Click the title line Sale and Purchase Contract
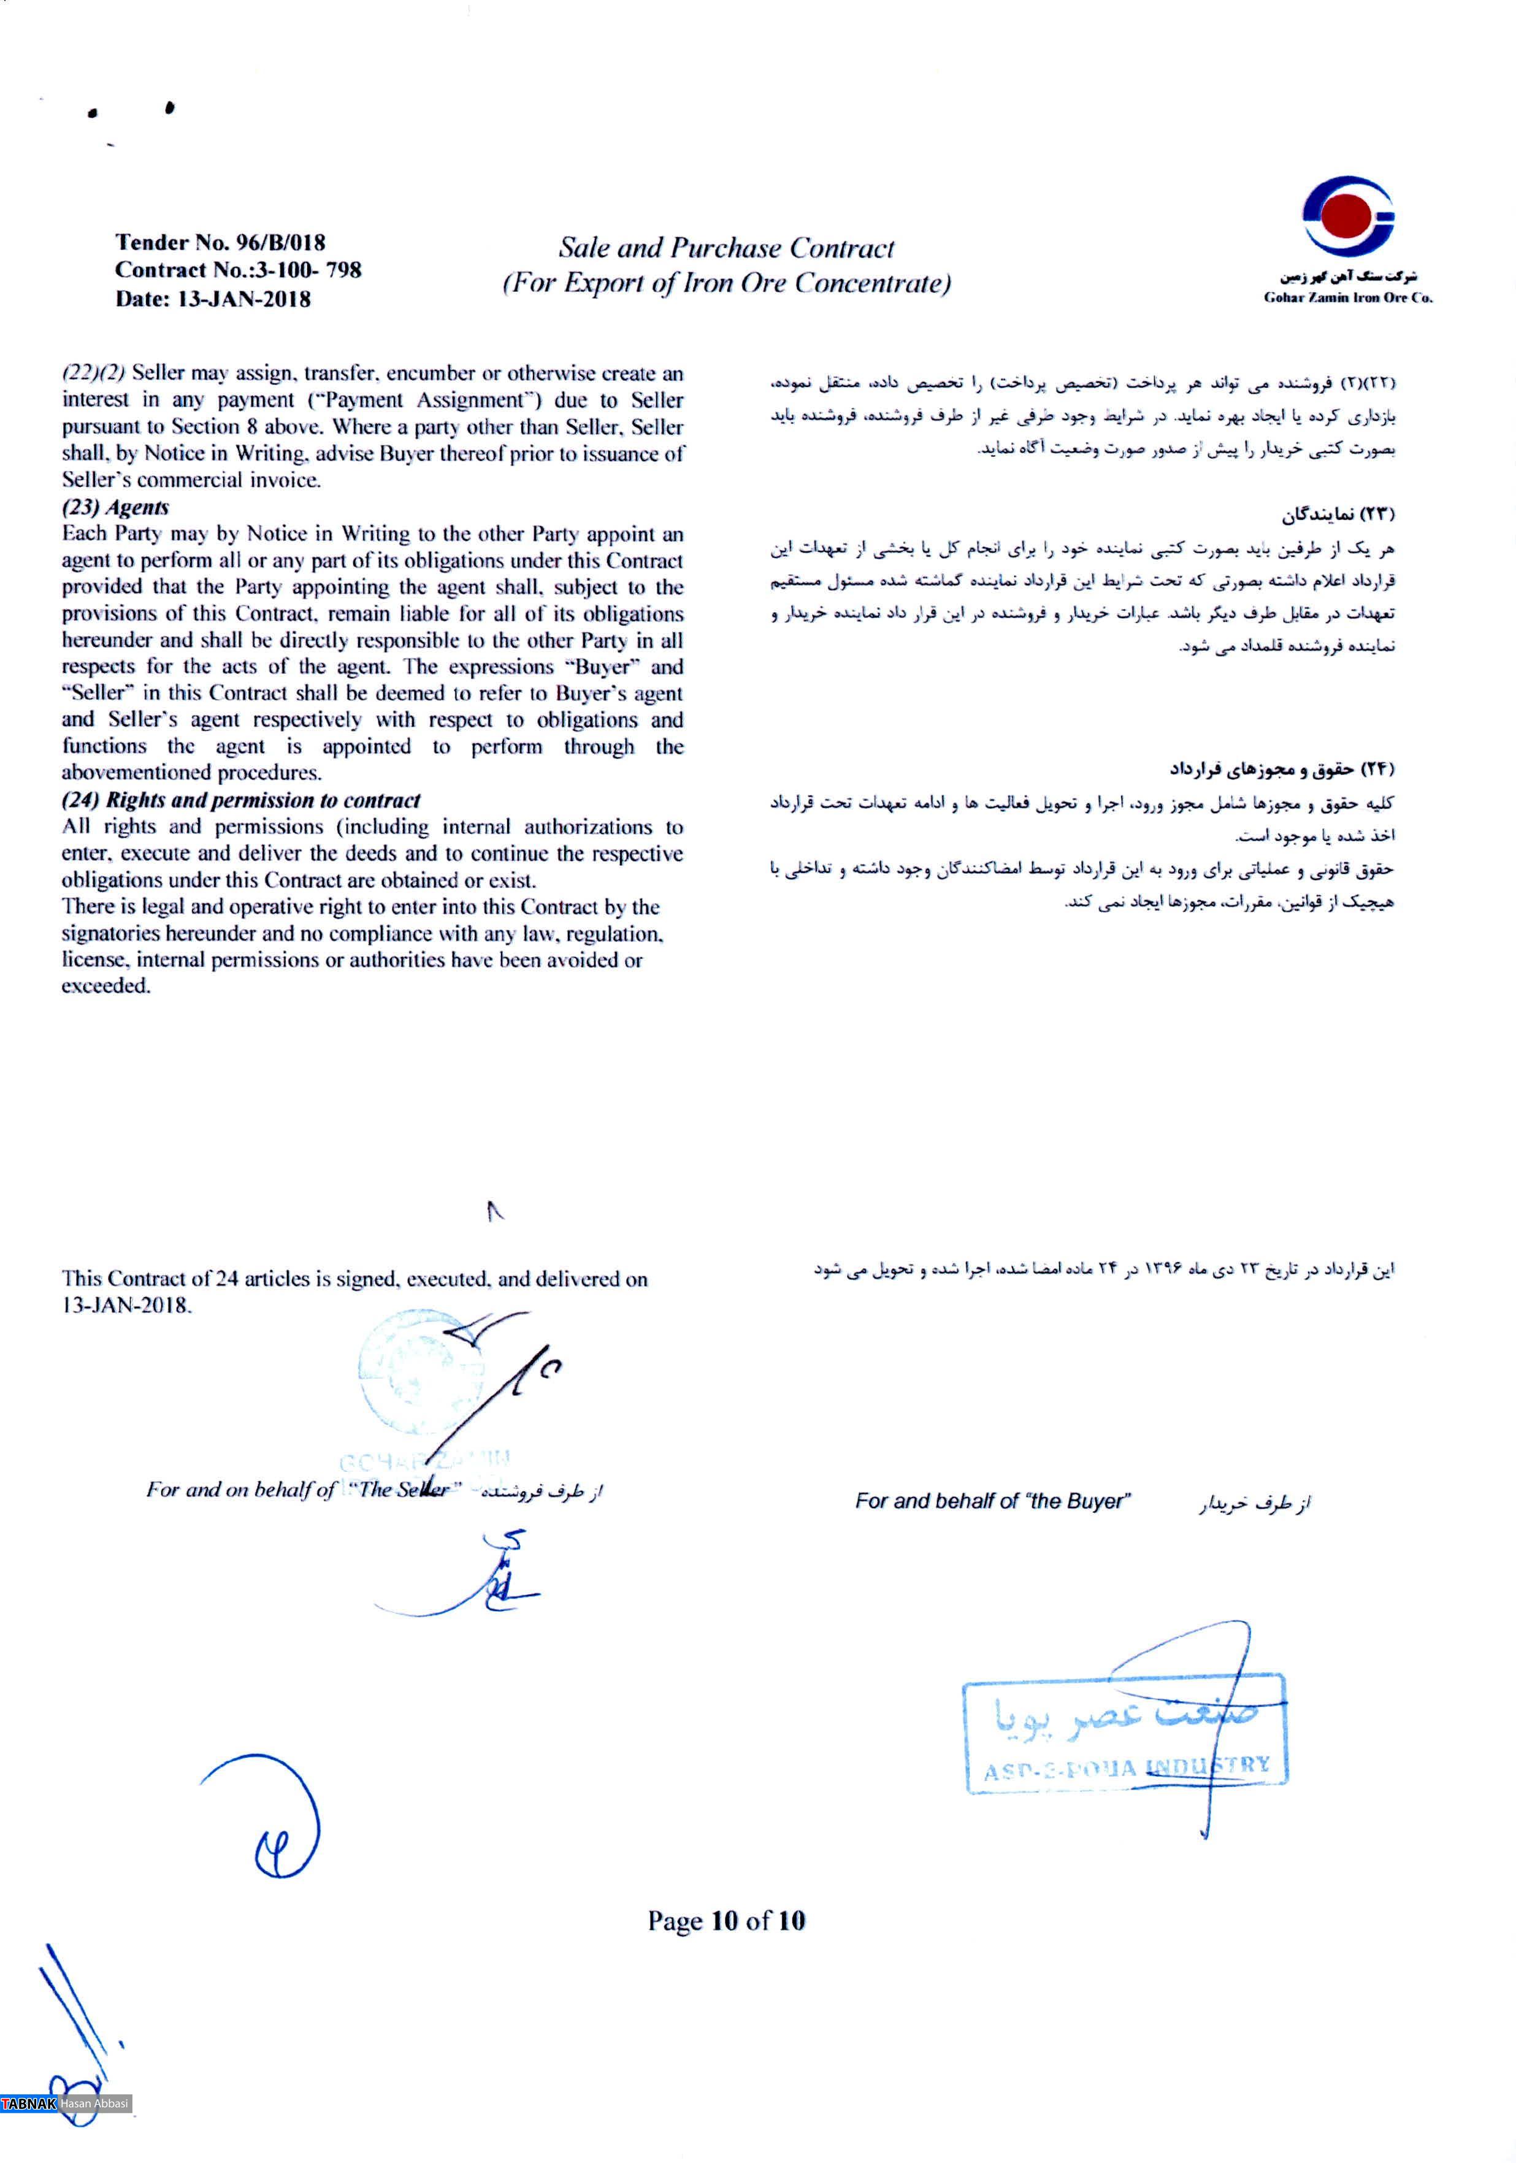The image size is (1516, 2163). click(x=725, y=248)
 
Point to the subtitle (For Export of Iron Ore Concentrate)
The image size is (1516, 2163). click(x=725, y=283)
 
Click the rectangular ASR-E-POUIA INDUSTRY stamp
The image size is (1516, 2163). click(x=1124, y=1734)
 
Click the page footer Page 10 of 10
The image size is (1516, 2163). click(x=725, y=1920)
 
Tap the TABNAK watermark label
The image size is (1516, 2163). click(x=29, y=2104)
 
